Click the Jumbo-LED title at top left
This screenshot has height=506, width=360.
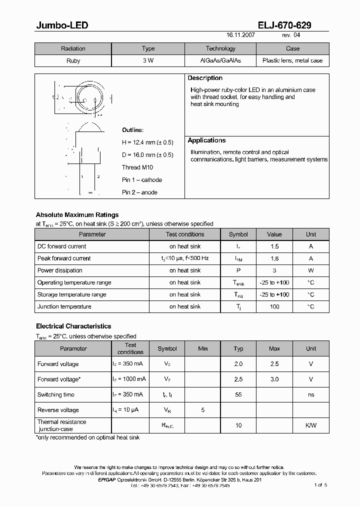coord(62,25)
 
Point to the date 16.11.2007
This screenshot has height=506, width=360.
coord(241,35)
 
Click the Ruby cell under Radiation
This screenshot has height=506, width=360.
coord(73,60)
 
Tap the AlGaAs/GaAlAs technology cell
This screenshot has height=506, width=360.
coord(220,60)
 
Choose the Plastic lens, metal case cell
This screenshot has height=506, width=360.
coord(292,60)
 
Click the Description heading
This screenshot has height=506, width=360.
coord(205,78)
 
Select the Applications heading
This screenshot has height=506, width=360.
coord(206,140)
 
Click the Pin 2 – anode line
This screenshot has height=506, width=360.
coord(139,192)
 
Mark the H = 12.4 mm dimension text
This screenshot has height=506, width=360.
coord(147,142)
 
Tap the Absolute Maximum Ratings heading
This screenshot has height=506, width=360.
coord(77,215)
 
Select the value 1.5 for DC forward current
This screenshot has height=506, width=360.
coord(274,246)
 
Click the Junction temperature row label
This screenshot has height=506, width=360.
coord(64,306)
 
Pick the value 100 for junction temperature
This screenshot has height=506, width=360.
coord(274,306)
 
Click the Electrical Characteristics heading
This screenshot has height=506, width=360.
coord(73,326)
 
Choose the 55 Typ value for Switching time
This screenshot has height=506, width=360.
coord(238,394)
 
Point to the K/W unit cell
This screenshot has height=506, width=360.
coord(311,425)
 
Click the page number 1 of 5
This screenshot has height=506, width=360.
coord(320,485)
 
